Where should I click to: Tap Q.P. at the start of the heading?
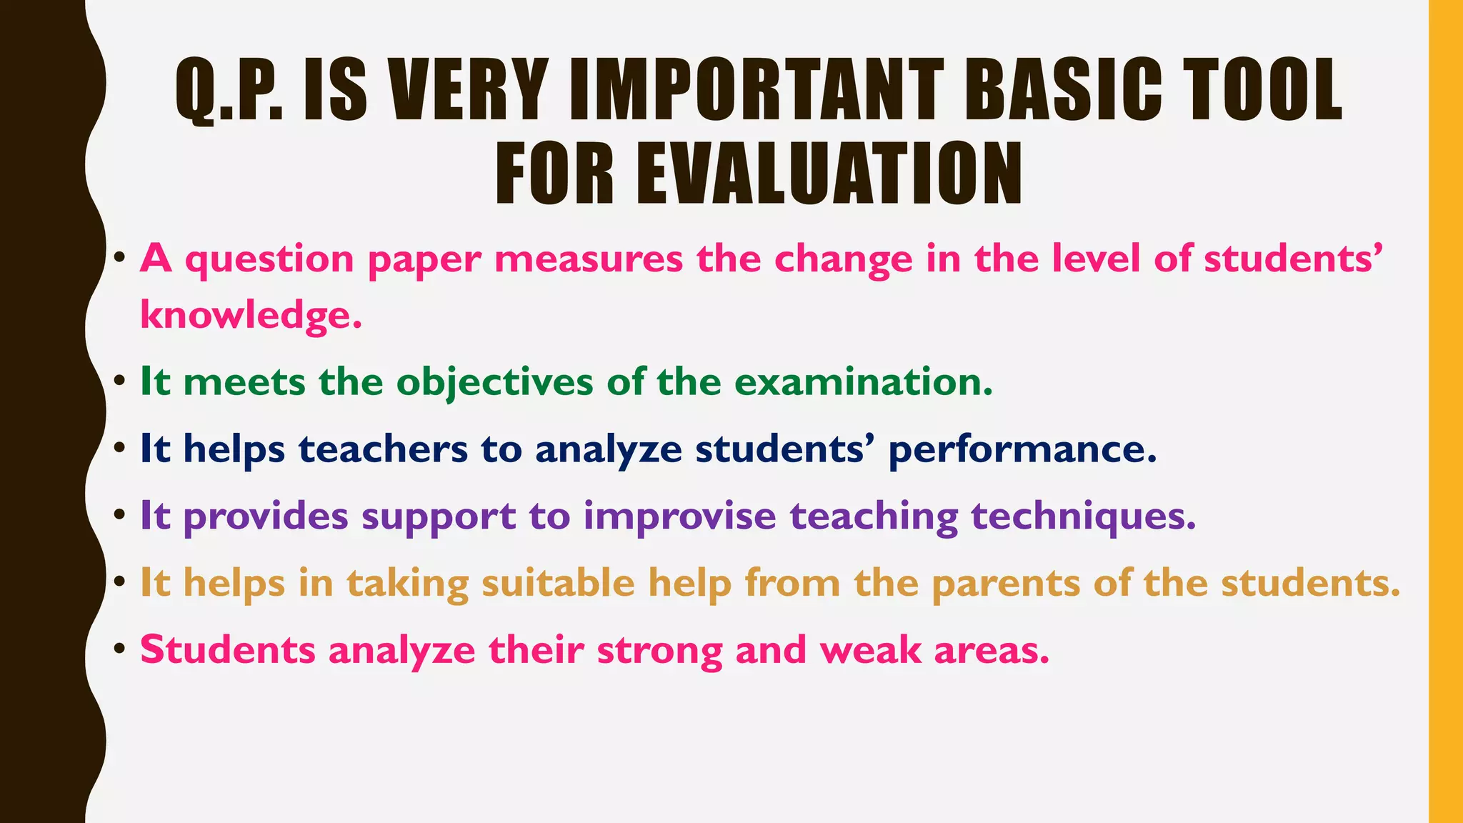coord(229,90)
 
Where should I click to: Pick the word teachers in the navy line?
coord(383,449)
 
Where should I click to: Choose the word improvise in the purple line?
coord(679,516)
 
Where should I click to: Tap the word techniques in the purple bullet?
coord(1078,516)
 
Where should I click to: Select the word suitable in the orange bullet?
coord(558,583)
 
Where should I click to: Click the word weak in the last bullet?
coord(870,651)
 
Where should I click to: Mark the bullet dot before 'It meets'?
coord(120,380)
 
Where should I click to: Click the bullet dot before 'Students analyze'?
coord(120,649)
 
